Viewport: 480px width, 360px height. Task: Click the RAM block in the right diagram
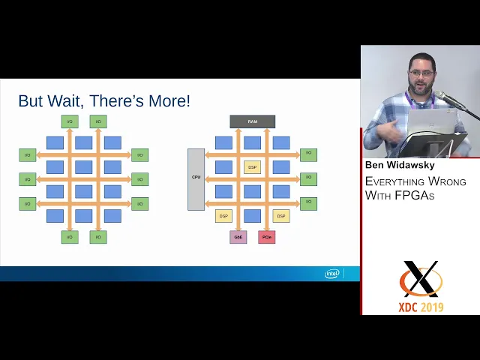tap(252, 121)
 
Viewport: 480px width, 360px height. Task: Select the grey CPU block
tap(196, 178)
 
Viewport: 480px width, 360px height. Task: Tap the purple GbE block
tap(238, 237)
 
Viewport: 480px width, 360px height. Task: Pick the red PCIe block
tap(266, 237)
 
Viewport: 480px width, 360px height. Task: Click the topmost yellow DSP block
tap(252, 167)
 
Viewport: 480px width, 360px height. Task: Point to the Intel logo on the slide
tap(332, 274)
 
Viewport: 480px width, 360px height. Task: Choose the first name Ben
tap(374, 165)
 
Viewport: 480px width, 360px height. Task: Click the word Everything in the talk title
tap(396, 181)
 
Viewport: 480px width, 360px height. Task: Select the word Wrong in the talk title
tap(448, 181)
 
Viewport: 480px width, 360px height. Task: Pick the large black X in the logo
tap(421, 280)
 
